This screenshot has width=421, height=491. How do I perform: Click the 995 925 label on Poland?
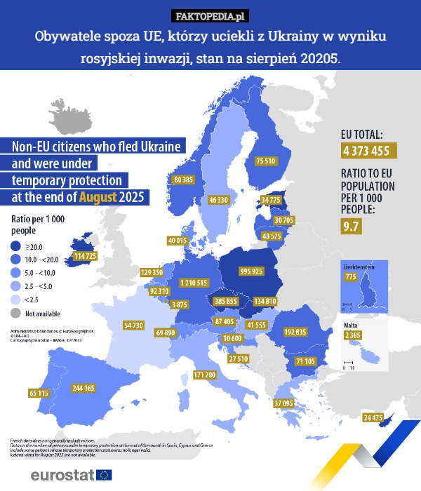tap(251, 271)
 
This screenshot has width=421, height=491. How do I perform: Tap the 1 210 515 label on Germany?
tap(193, 283)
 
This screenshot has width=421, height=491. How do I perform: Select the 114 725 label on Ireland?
tap(85, 257)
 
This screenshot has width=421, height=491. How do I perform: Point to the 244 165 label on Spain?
tap(84, 387)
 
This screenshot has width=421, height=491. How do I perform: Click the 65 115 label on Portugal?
tap(39, 394)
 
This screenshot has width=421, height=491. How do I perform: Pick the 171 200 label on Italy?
tap(205, 375)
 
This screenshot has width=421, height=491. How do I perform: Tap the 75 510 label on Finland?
tap(265, 161)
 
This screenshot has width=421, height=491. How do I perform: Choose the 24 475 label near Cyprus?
tap(373, 418)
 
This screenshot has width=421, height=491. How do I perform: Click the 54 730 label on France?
tap(133, 325)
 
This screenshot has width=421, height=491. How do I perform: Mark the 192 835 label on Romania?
tap(295, 332)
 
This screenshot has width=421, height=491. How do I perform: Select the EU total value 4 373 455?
tap(366, 151)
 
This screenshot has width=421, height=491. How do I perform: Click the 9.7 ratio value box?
tap(351, 226)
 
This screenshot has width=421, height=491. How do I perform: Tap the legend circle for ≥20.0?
tap(15, 246)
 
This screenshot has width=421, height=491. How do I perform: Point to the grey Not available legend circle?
tap(15, 313)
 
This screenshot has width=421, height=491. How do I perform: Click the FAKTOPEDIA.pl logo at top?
tap(210, 16)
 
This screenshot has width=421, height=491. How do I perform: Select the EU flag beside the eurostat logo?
tap(104, 475)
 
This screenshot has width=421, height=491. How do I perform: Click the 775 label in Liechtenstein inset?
tap(351, 277)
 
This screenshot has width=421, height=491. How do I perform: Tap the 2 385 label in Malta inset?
tap(353, 336)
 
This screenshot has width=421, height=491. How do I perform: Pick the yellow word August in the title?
tap(98, 197)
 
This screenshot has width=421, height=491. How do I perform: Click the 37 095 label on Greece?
tap(283, 403)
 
